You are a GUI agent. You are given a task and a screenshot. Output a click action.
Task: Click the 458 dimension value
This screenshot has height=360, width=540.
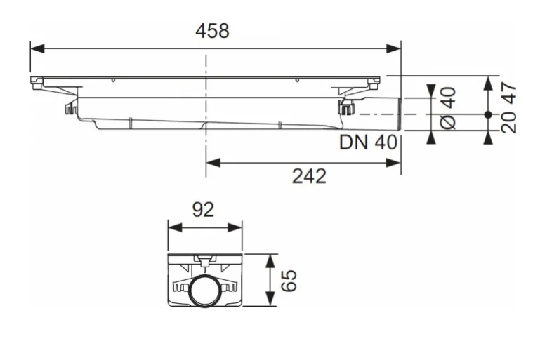tap(212, 31)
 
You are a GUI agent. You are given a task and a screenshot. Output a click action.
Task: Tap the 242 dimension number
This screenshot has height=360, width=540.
tap(309, 176)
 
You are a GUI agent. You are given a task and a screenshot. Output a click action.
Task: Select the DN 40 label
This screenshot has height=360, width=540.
tap(368, 142)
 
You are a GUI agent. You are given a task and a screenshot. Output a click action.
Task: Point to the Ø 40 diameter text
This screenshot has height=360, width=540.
tap(449, 108)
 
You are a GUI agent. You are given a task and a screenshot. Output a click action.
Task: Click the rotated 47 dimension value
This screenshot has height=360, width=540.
tap(509, 93)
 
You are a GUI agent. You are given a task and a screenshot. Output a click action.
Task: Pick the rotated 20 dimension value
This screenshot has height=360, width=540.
tap(509, 122)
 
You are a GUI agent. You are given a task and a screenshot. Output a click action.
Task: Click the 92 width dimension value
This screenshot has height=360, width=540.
tap(203, 210)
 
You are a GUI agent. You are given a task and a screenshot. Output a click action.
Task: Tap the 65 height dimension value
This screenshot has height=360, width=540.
tap(289, 281)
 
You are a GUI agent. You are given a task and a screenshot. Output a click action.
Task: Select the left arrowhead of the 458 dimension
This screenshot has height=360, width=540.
tap(37, 48)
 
